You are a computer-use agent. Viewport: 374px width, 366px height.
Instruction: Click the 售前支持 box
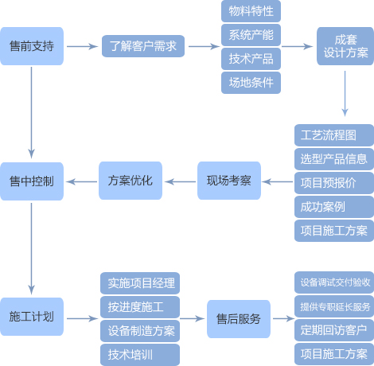(32, 46)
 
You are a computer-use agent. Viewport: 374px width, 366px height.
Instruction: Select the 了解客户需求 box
(143, 46)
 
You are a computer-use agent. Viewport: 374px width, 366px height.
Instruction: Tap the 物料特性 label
(251, 11)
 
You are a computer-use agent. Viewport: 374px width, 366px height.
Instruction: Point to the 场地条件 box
(251, 83)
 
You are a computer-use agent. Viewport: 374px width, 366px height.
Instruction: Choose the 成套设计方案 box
(345, 46)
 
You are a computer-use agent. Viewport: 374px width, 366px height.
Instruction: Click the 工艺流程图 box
(334, 135)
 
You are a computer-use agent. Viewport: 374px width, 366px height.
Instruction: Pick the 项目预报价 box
(334, 183)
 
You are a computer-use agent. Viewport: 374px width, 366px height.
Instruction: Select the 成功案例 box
(334, 207)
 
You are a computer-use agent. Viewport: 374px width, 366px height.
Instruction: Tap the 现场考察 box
(229, 181)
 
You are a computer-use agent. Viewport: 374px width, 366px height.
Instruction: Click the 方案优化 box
(131, 181)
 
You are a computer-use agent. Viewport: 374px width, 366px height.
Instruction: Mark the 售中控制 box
(32, 181)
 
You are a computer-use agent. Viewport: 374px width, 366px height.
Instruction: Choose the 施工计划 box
(32, 317)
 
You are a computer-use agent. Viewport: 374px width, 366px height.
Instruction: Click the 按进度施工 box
(140, 307)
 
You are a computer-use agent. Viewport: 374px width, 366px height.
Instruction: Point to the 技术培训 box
(140, 355)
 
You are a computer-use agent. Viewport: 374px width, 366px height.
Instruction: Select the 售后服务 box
(239, 319)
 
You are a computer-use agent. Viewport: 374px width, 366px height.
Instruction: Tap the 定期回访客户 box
(334, 330)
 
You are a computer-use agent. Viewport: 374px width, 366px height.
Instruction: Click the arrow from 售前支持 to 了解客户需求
(83, 46)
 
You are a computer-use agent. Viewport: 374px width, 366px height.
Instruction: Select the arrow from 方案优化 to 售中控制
(81, 181)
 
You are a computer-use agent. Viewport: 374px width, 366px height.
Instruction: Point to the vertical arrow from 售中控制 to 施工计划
(31, 249)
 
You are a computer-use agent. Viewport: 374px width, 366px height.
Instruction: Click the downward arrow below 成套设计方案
(345, 93)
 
